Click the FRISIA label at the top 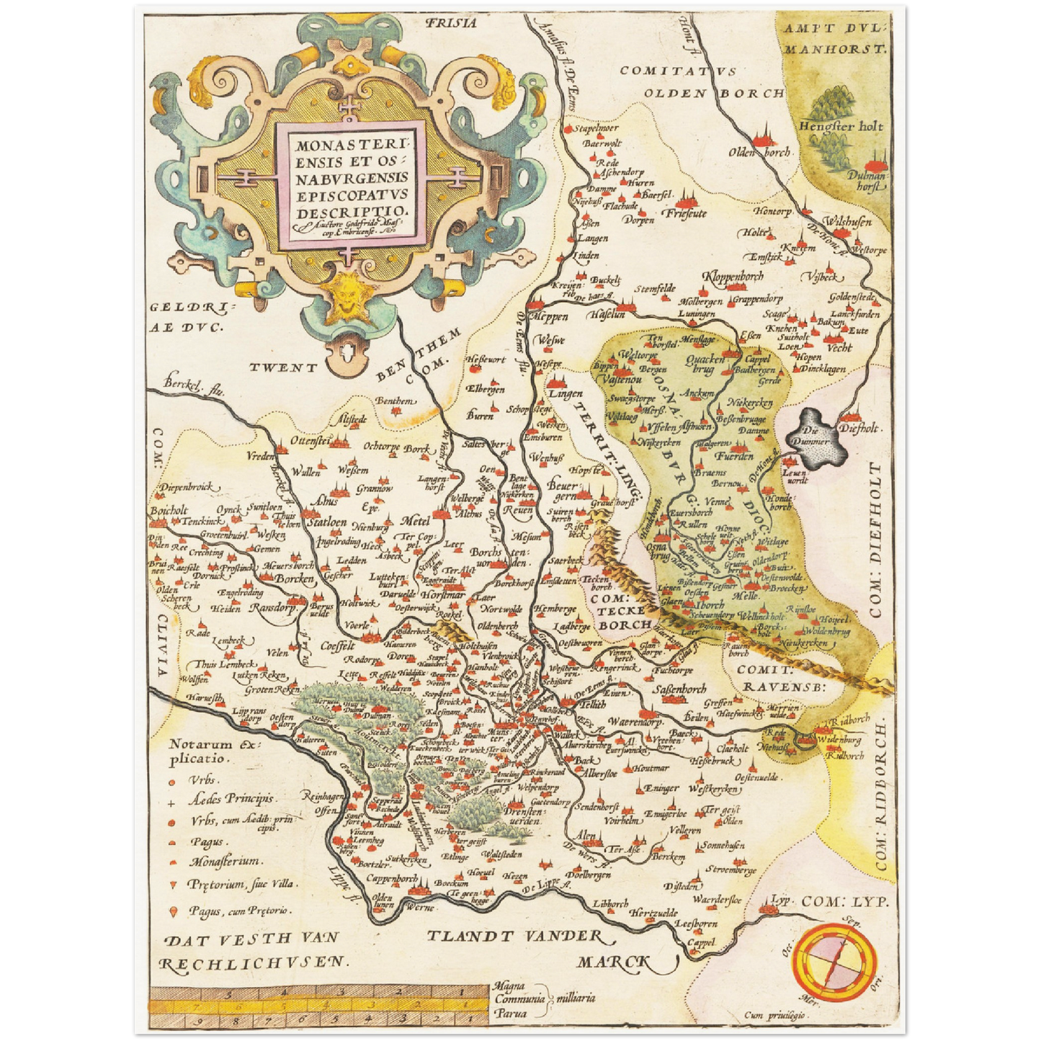pos(451,23)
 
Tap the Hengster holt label pos(840,126)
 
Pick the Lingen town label pos(566,394)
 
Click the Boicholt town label pos(169,511)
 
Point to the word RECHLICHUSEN pos(253,962)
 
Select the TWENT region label pos(283,368)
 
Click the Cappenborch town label pos(392,880)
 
